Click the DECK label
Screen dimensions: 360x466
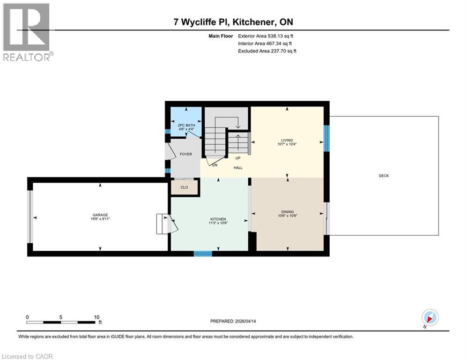click(x=384, y=176)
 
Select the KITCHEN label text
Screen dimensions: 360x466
click(x=218, y=219)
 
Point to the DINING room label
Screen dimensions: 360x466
click(x=288, y=212)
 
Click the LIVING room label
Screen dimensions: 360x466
click(x=287, y=140)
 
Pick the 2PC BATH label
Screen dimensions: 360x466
click(x=186, y=125)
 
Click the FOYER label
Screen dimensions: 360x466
click(x=186, y=154)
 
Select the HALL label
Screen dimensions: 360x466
click(x=238, y=167)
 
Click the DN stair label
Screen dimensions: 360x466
click(x=215, y=165)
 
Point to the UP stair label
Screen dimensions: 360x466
click(x=237, y=158)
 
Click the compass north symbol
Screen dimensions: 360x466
click(x=429, y=317)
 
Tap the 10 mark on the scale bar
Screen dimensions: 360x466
click(x=96, y=317)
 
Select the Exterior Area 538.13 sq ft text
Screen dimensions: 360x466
click(x=266, y=36)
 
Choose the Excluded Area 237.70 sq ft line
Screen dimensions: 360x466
click(x=267, y=51)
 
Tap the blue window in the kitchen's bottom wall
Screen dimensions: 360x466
click(x=203, y=254)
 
